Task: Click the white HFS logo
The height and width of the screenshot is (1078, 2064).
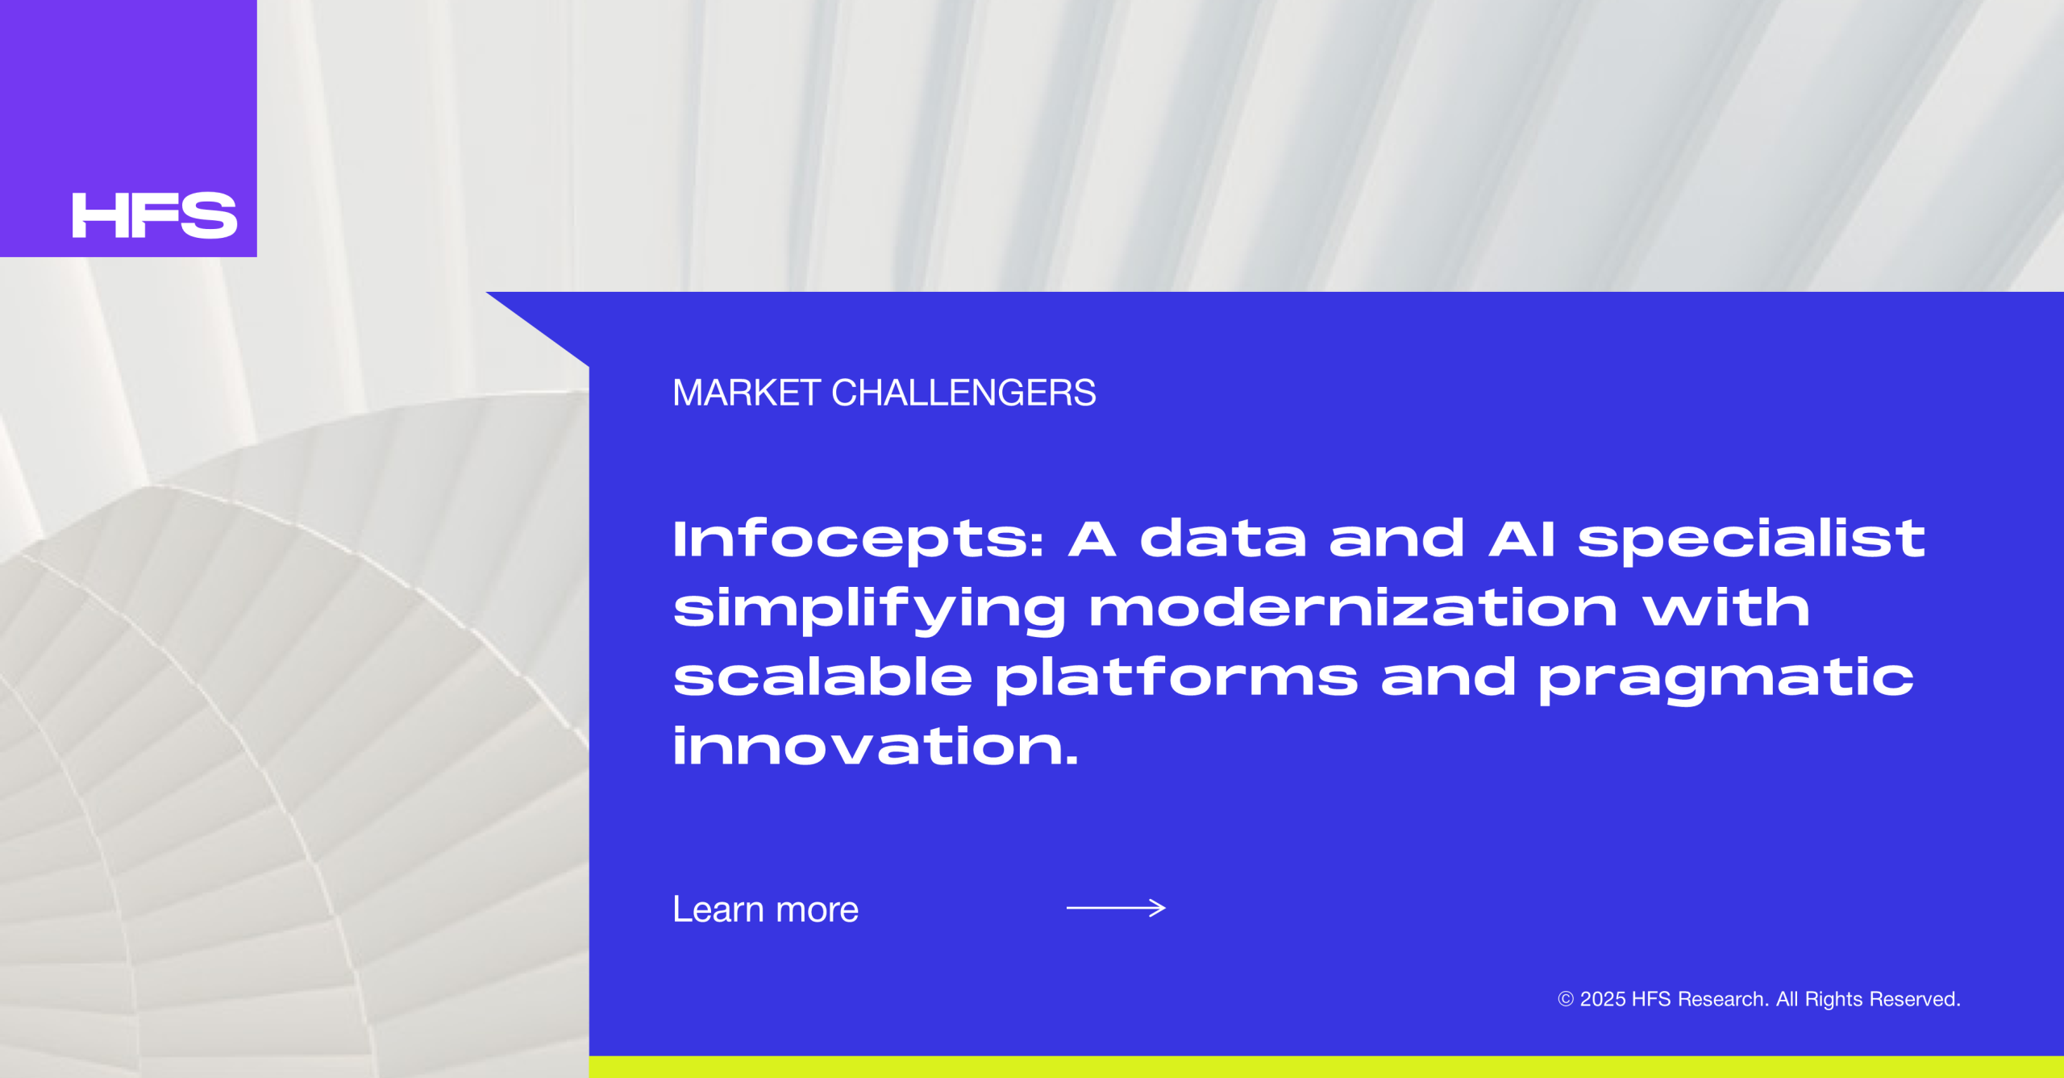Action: tap(155, 215)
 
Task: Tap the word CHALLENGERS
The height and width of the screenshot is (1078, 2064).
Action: tap(963, 393)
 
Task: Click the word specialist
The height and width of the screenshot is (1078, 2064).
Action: tap(1751, 540)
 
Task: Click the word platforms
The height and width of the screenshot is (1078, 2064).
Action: tap(1176, 679)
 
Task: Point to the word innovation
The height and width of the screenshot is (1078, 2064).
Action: tap(875, 745)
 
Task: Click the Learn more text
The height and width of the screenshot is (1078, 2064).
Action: tap(766, 909)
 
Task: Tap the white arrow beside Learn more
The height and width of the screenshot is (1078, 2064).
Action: tap(1116, 908)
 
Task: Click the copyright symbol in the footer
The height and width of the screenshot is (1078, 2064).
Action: tap(1566, 999)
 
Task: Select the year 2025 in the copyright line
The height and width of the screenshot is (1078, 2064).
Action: tap(1603, 999)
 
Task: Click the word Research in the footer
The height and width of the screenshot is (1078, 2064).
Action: tap(1724, 999)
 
